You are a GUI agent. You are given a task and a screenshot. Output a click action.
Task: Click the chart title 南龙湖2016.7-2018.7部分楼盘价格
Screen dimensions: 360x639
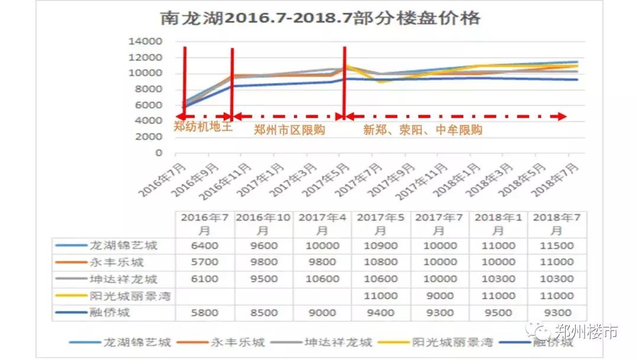[320, 18]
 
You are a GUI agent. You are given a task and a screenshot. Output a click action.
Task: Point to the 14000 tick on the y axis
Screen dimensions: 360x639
[146, 41]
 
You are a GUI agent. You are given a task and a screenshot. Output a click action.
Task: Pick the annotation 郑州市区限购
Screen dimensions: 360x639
[289, 130]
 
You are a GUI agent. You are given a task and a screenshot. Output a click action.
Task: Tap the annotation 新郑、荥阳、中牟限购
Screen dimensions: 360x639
[422, 130]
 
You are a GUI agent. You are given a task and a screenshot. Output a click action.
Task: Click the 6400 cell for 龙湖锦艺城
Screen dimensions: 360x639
[204, 246]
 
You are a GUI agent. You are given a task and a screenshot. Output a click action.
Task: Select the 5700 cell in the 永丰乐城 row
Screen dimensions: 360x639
[204, 262]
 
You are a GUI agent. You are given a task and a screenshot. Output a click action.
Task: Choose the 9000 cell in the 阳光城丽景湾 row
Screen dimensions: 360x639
[439, 296]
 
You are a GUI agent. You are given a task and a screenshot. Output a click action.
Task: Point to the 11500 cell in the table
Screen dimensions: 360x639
[557, 246]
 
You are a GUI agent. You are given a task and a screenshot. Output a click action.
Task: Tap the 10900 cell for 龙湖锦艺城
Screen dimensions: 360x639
[380, 246]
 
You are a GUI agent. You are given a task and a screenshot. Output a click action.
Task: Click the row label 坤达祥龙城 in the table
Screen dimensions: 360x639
[124, 279]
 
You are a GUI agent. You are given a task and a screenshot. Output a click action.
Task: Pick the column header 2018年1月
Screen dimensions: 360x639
[498, 224]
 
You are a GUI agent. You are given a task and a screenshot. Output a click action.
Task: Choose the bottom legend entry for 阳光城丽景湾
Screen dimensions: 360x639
[450, 342]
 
